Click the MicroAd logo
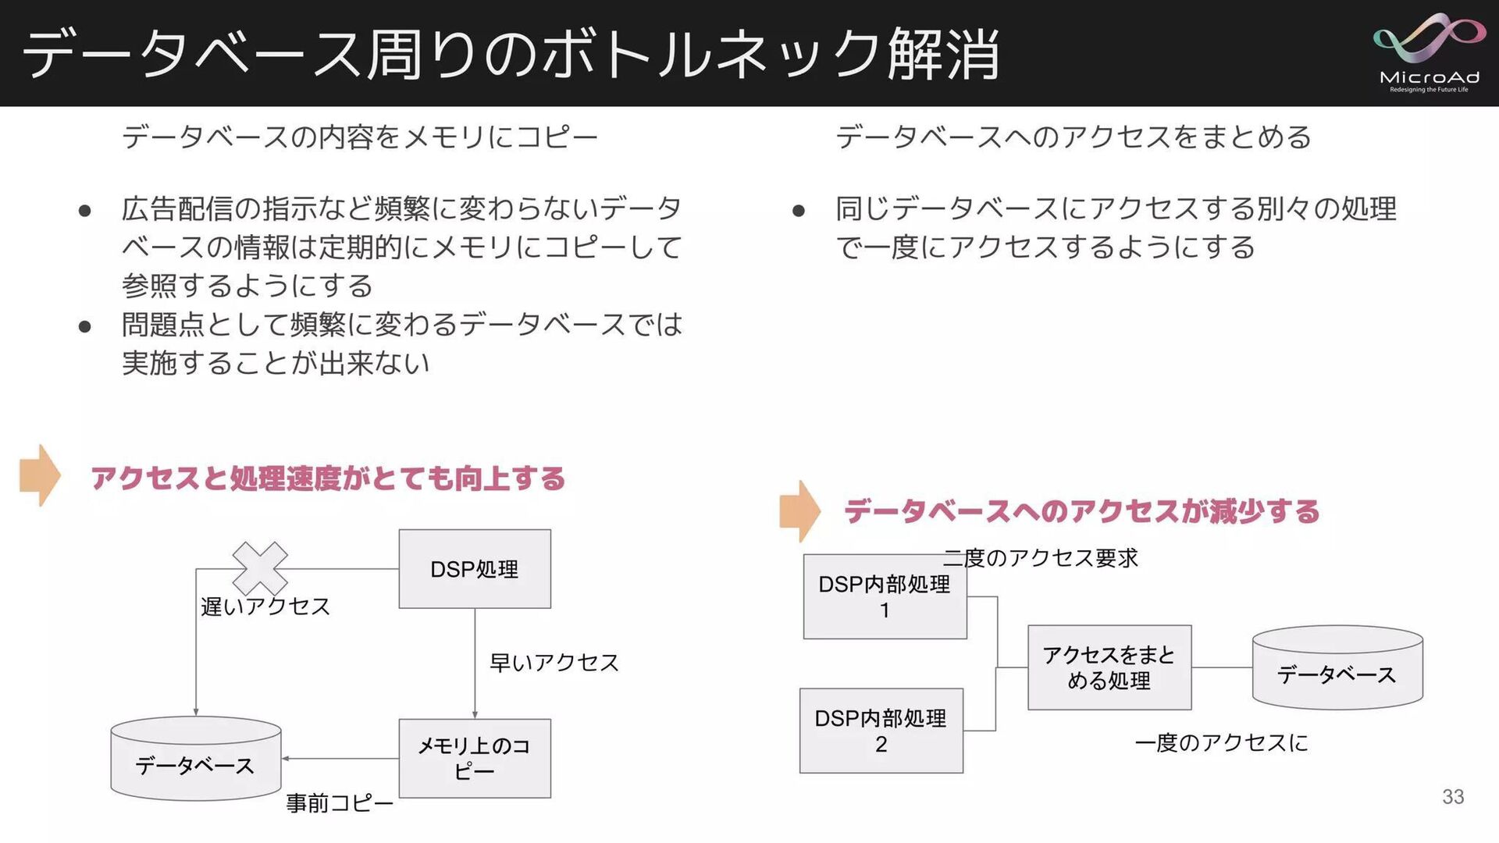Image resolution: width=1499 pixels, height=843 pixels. tap(1429, 52)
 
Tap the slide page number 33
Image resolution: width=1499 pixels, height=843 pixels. tap(1453, 796)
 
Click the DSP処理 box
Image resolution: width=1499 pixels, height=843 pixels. tap(475, 569)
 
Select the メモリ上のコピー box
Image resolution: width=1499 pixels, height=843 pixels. tap(475, 758)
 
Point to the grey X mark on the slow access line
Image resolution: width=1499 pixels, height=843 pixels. tap(260, 568)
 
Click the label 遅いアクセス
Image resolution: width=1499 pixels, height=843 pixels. tap(265, 606)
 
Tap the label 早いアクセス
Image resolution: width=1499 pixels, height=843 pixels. tap(554, 663)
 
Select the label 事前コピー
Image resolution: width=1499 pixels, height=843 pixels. tap(340, 803)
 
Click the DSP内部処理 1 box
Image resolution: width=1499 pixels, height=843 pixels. tap(885, 597)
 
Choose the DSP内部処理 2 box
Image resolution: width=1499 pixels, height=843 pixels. tap(881, 731)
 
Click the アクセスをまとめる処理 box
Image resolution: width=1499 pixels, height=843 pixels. tap(1109, 667)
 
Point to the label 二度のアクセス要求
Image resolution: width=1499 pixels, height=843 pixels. tap(1041, 558)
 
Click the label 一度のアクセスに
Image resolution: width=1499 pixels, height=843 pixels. tap(1221, 742)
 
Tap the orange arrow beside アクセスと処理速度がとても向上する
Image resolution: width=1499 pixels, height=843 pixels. tap(40, 475)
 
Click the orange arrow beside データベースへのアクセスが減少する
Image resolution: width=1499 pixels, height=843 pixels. tap(799, 511)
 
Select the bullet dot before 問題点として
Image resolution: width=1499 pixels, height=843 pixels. tap(85, 326)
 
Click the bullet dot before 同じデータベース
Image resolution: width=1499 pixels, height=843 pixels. tap(798, 211)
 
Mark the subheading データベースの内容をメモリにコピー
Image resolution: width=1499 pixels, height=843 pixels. tap(360, 137)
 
